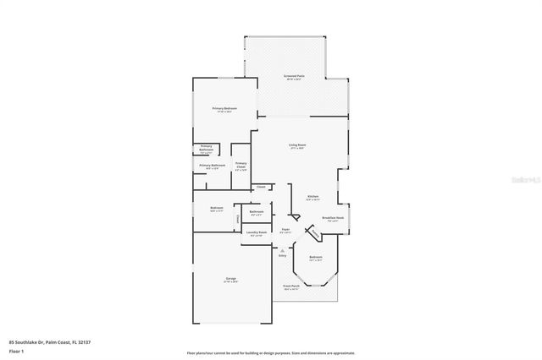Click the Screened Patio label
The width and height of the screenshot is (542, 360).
[294, 76]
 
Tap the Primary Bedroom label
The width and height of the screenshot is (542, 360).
[224, 108]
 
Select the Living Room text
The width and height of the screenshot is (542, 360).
[296, 145]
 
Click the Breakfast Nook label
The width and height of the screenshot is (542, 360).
[333, 217]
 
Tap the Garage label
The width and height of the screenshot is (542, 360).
[231, 279]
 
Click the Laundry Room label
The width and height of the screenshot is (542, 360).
[257, 232]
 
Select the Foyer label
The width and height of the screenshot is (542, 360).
[286, 228]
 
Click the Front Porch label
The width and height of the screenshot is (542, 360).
[291, 286]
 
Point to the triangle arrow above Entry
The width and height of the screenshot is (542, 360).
[282, 249]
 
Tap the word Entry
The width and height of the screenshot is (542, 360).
[282, 255]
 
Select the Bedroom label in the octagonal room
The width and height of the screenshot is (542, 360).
[315, 257]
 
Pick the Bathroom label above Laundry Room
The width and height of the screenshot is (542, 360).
[257, 211]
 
